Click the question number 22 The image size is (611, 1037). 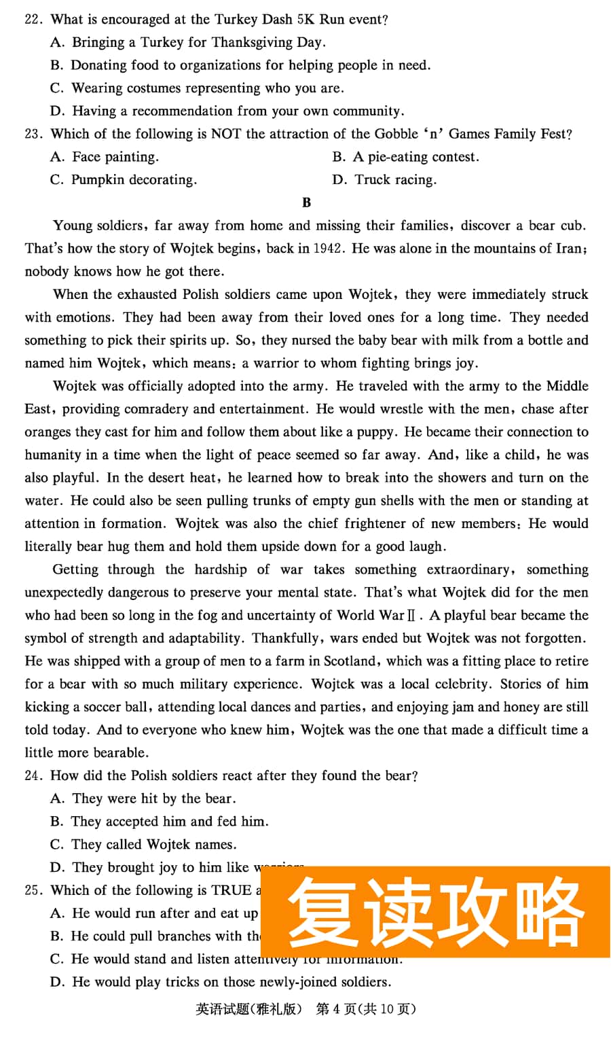[x=33, y=19]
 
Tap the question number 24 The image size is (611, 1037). [x=33, y=775]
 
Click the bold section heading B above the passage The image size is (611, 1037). [x=306, y=203]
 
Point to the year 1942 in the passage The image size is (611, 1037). [x=327, y=249]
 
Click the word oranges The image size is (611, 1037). [x=48, y=432]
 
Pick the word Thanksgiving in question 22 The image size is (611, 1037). [x=252, y=42]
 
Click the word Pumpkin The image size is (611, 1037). [x=96, y=179]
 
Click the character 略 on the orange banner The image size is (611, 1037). [x=549, y=912]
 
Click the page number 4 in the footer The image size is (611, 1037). [x=336, y=1009]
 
